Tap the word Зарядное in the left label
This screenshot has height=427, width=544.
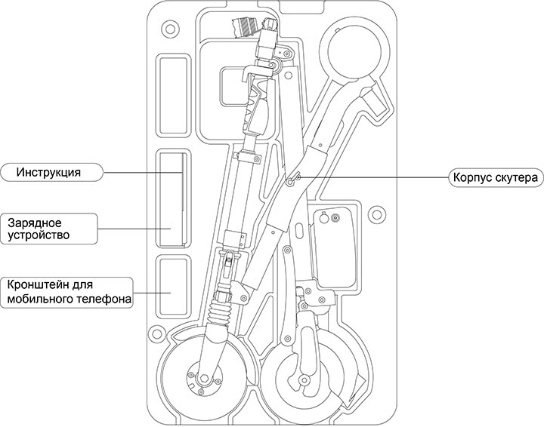point(34,223)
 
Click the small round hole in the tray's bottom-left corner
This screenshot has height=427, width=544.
point(156,332)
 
